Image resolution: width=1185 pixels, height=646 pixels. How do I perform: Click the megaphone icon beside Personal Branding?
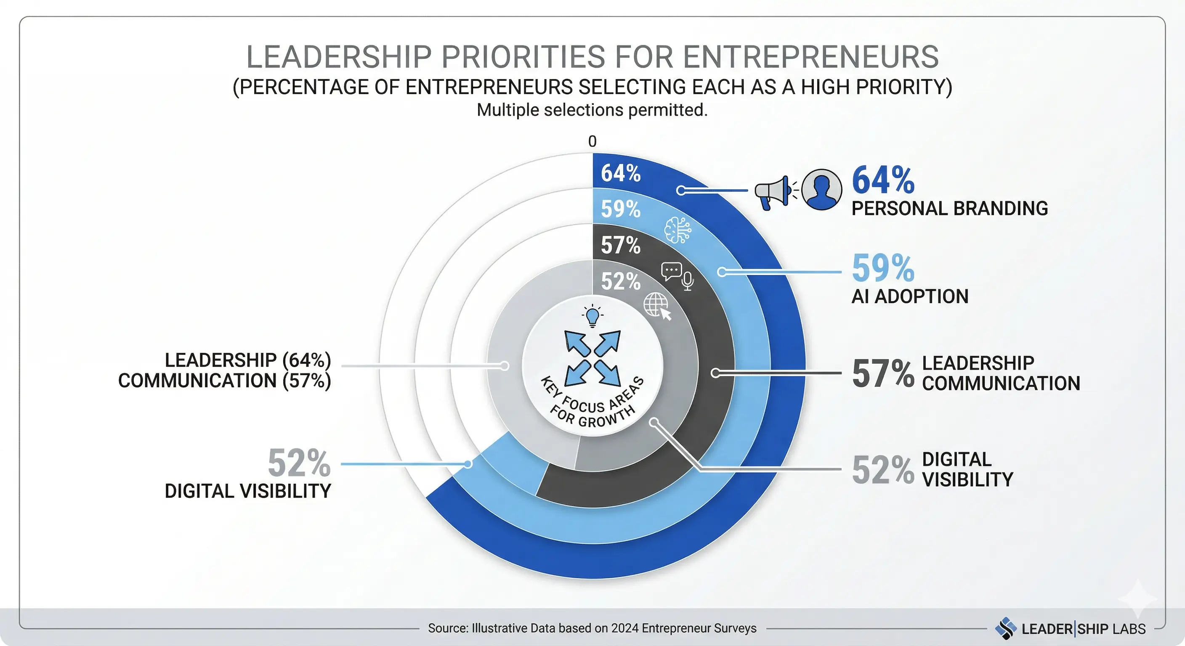773,192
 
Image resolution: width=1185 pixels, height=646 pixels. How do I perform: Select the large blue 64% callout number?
883,180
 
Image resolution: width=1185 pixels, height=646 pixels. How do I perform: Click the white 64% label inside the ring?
621,173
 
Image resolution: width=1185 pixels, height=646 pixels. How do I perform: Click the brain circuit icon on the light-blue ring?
678,230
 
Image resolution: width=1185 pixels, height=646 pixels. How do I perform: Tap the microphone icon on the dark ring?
688,281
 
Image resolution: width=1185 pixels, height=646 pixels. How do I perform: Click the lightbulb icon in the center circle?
592,316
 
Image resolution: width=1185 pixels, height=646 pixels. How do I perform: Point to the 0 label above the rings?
592,141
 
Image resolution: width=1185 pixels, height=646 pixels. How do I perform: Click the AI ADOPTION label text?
909,297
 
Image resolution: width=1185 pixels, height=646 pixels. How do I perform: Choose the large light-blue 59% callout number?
883,268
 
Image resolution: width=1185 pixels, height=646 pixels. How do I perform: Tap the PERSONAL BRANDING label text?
949,208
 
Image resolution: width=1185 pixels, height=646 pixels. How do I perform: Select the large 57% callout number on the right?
883,373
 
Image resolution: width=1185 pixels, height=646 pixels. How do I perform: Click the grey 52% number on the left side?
299,463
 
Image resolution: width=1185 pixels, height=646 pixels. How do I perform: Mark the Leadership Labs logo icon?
1006,628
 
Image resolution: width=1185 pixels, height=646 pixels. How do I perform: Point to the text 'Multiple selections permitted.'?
592,110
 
